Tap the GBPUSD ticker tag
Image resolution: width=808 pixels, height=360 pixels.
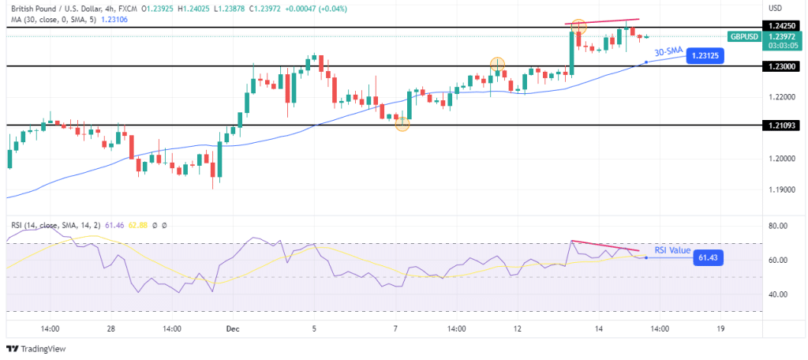pos(745,36)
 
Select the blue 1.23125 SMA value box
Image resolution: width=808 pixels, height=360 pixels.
pos(705,56)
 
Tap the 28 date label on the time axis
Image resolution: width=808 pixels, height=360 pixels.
pos(111,328)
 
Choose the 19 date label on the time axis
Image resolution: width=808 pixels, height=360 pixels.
pos(720,328)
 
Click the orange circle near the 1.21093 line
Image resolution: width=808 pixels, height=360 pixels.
pos(402,123)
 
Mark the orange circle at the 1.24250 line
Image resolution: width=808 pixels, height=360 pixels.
pos(578,26)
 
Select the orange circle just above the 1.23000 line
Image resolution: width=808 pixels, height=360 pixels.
pos(497,64)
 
